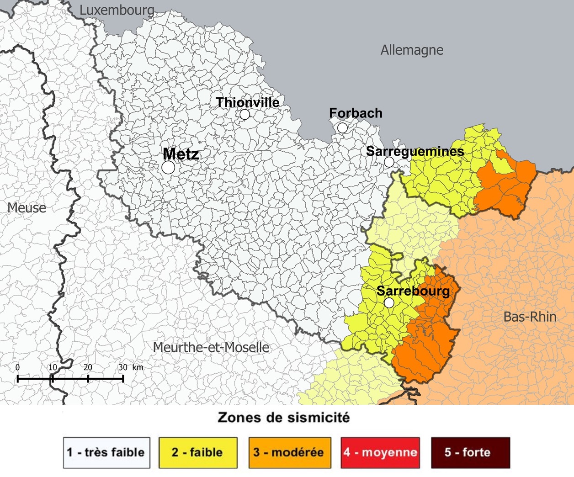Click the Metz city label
tap(181, 154)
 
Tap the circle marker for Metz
tap(168, 168)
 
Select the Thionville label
tap(247, 102)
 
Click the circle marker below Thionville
tap(245, 115)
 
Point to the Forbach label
tap(356, 113)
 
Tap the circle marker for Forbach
tap(342, 128)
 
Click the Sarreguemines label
tap(415, 151)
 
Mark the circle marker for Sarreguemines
tap(389, 162)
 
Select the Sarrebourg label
tap(413, 291)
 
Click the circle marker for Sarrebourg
tap(389, 302)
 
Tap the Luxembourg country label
tap(117, 10)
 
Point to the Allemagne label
tap(412, 50)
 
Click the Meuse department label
tap(27, 208)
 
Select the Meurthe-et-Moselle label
tap(211, 347)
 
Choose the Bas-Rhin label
tap(530, 317)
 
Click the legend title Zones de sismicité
tap(283, 417)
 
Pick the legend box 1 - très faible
tap(106, 452)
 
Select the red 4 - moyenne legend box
tap(380, 452)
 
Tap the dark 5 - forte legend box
tap(470, 452)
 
